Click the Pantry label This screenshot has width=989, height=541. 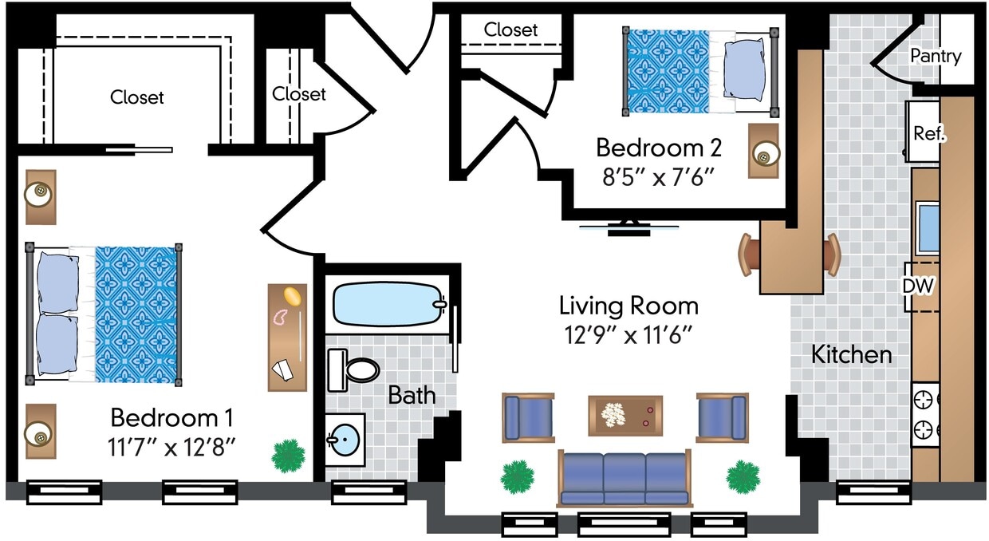click(936, 57)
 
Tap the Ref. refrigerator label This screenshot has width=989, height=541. click(929, 133)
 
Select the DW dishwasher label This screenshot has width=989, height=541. click(918, 286)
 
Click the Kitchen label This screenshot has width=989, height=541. click(851, 355)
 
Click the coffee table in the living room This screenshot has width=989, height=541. click(625, 415)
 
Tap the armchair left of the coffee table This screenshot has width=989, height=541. click(527, 417)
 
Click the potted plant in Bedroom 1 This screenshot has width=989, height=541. click(288, 456)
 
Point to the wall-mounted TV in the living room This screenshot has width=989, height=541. click(628, 228)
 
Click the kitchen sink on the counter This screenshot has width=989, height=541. click(926, 227)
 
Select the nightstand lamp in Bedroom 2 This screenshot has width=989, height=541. click(764, 156)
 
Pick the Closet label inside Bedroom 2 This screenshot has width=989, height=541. click(510, 30)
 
